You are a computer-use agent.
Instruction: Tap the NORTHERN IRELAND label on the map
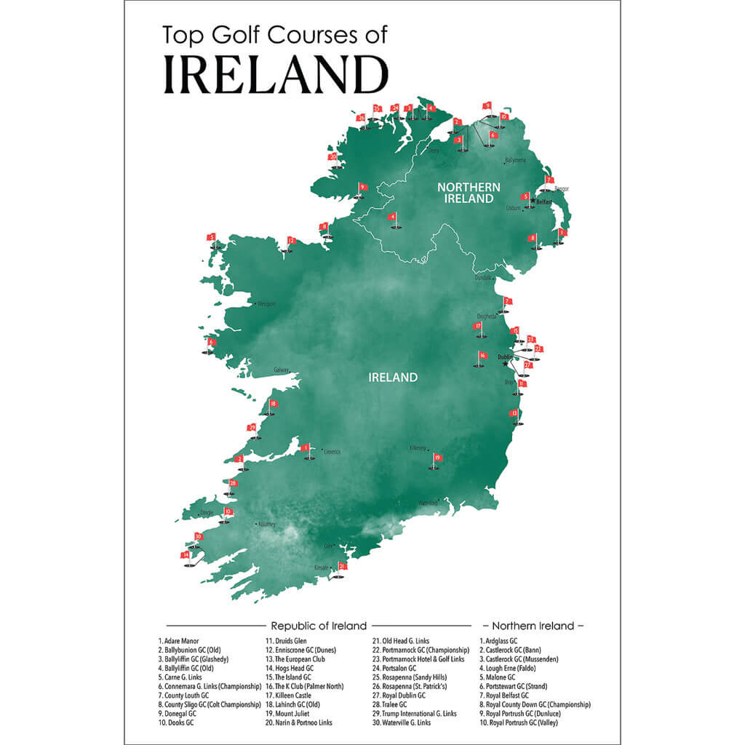pyautogui.click(x=469, y=193)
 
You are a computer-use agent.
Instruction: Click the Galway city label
pyautogui.click(x=282, y=370)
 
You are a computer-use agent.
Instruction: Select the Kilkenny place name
pyautogui.click(x=418, y=448)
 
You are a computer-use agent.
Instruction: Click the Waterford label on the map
pyautogui.click(x=427, y=503)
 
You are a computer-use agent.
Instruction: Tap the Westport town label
pyautogui.click(x=266, y=304)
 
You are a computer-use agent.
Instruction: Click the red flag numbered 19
pyautogui.click(x=437, y=458)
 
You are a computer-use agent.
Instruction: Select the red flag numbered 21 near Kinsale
pyautogui.click(x=342, y=566)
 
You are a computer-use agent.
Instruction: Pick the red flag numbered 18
pyautogui.click(x=273, y=405)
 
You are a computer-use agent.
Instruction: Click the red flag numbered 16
pyautogui.click(x=482, y=356)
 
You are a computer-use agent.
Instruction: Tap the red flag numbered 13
pyautogui.click(x=514, y=413)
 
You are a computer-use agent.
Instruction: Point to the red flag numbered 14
pyautogui.click(x=186, y=554)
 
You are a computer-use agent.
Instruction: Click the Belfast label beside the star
pyautogui.click(x=544, y=202)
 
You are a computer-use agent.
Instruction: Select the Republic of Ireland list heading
pyautogui.click(x=318, y=626)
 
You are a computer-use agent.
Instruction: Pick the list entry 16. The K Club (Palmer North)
pyautogui.click(x=303, y=686)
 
